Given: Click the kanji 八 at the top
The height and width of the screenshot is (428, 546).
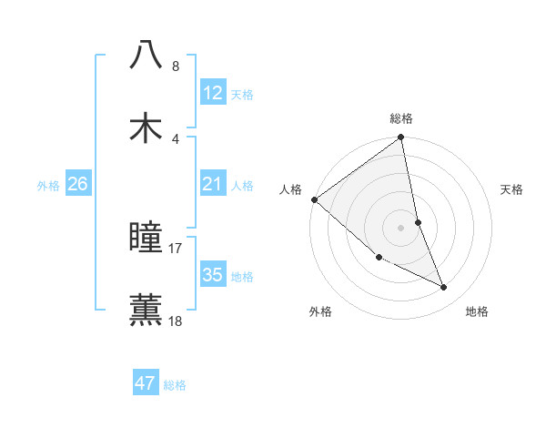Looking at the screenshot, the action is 147,55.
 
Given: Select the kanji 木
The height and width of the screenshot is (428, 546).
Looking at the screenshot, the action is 147,127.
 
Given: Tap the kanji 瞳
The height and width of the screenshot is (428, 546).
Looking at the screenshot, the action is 147,238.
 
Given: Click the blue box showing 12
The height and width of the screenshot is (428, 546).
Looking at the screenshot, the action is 213,93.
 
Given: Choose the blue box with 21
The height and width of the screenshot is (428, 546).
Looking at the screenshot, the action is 213,184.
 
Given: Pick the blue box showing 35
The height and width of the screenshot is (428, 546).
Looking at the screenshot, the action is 213,275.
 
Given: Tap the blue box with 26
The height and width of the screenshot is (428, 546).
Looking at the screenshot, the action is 77,184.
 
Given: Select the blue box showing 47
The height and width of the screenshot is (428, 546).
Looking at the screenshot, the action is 146,383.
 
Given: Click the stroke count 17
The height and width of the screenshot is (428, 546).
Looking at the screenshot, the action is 176,248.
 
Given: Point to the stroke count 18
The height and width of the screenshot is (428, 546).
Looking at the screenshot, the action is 176,321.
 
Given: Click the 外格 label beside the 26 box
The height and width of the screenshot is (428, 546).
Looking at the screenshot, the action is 48,185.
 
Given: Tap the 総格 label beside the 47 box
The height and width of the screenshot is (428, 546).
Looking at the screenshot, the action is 175,385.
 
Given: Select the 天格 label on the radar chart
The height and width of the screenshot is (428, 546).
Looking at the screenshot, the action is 511,190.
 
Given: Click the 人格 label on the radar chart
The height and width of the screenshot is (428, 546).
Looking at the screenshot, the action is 290,189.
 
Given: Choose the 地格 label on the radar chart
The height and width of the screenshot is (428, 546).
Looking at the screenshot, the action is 477,311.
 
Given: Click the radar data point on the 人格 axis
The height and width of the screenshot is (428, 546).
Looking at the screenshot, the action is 314,199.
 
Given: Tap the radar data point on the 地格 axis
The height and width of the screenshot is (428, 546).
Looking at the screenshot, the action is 444,287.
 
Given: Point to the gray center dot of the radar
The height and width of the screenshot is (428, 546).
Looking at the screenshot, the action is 401,227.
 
